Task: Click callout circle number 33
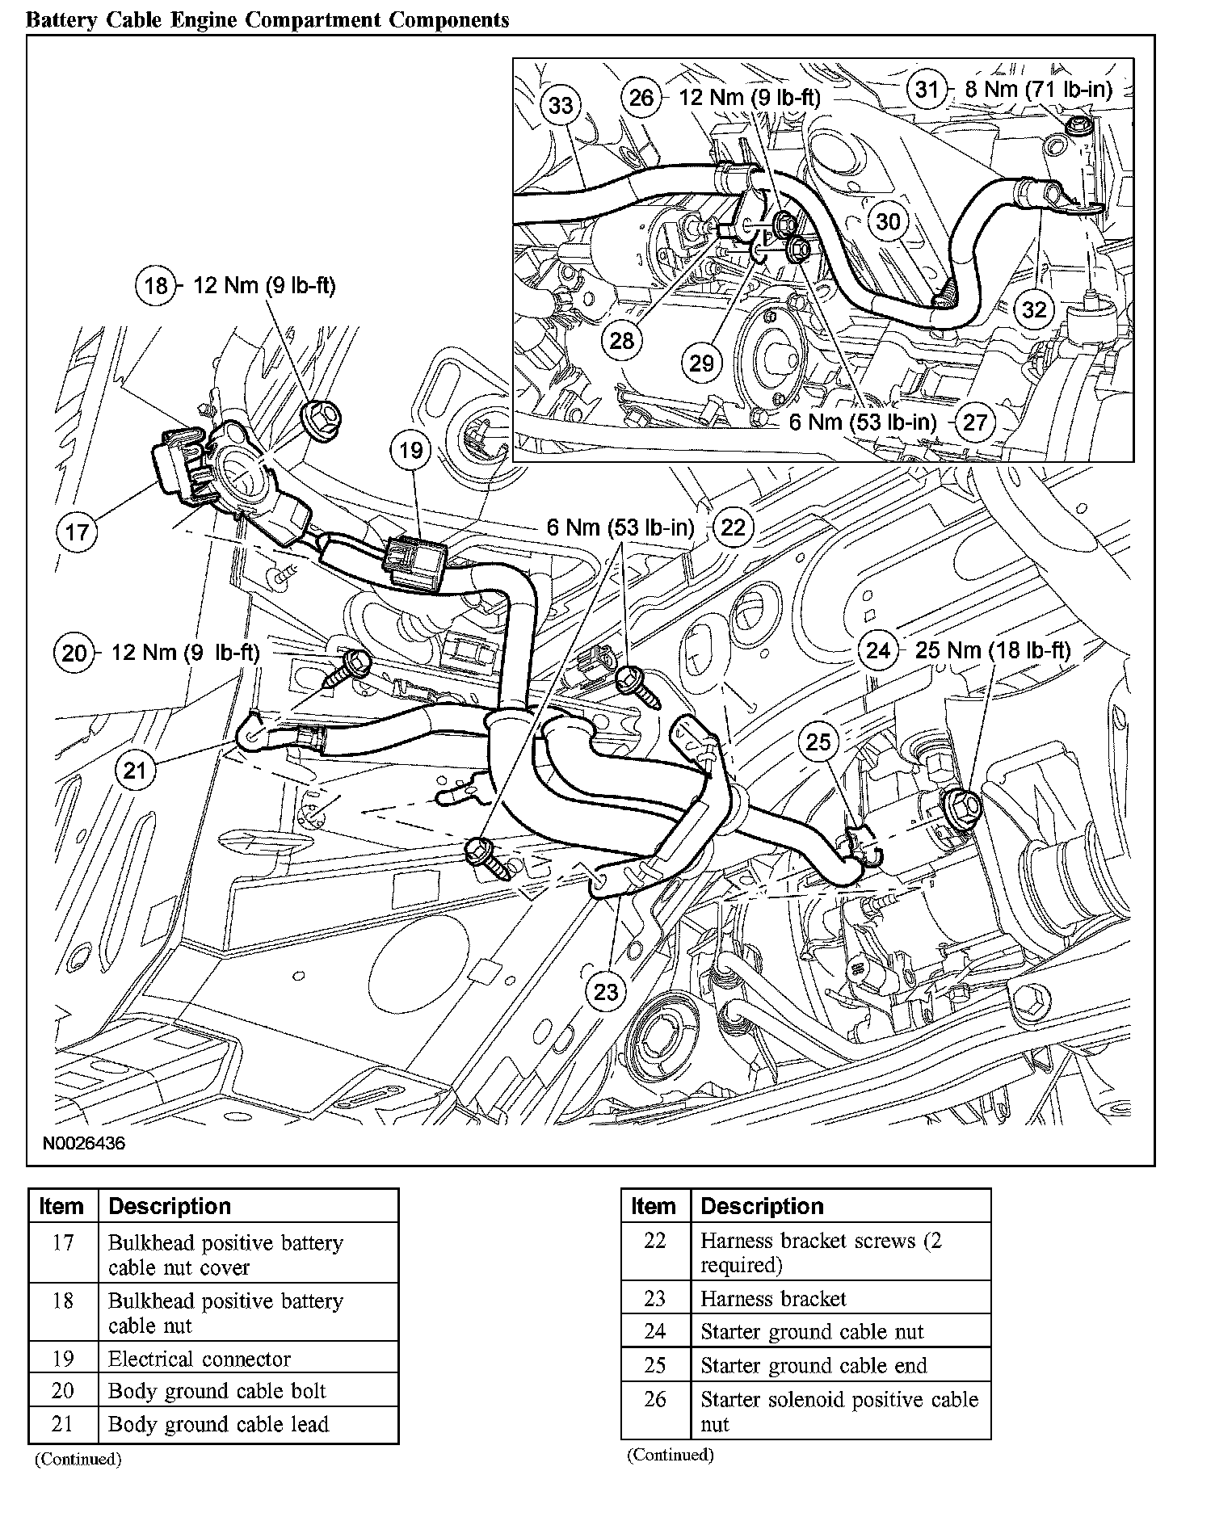click(561, 105)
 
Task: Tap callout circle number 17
click(78, 532)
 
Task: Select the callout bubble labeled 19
click(411, 449)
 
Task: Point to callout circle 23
click(606, 991)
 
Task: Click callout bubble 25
click(818, 742)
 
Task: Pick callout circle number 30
click(887, 221)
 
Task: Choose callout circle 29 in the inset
click(701, 363)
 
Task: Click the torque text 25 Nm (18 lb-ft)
click(992, 650)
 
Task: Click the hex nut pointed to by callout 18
click(324, 416)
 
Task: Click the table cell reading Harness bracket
click(773, 1298)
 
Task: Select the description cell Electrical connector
click(200, 1359)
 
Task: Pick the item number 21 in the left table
click(63, 1424)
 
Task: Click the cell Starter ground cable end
click(814, 1365)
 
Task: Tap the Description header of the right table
click(762, 1206)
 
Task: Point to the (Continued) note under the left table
click(78, 1459)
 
